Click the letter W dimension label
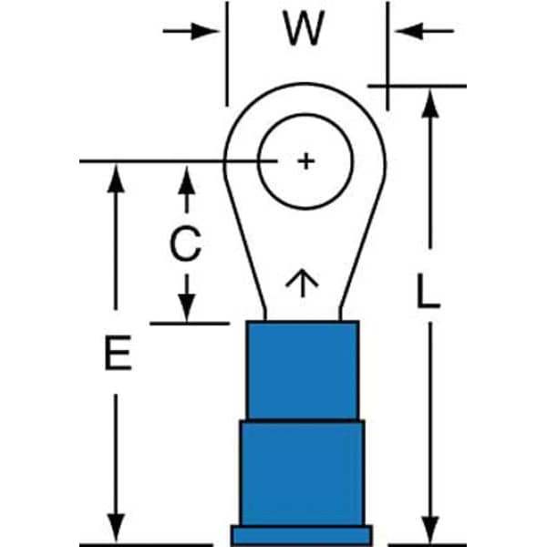pyautogui.click(x=303, y=31)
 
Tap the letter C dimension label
pyautogui.click(x=186, y=244)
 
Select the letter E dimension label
pyautogui.click(x=117, y=353)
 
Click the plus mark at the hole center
pyautogui.click(x=305, y=161)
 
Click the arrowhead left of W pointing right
pyautogui.click(x=211, y=31)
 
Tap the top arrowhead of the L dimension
pyautogui.click(x=430, y=101)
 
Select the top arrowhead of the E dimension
pyautogui.click(x=116, y=177)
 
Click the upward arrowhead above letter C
pyautogui.click(x=186, y=177)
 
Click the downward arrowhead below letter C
pyautogui.click(x=186, y=309)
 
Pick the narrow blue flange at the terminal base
pyautogui.click(x=302, y=535)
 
